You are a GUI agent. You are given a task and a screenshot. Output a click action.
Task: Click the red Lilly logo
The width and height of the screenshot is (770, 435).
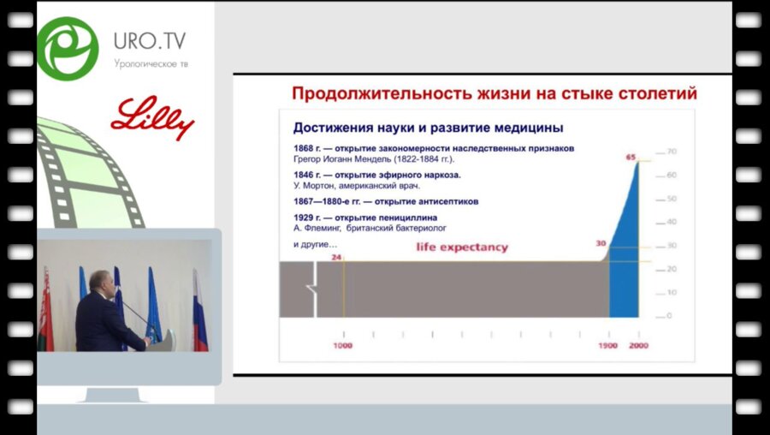(x=152, y=118)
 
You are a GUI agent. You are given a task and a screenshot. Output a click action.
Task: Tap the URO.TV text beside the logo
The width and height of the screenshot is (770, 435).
(x=149, y=42)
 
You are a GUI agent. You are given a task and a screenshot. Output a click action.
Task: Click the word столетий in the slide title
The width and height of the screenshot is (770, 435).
(x=652, y=93)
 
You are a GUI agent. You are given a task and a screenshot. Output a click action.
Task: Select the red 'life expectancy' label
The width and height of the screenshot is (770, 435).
(x=462, y=247)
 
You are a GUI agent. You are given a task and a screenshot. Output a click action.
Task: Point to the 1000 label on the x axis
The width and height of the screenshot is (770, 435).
(x=344, y=345)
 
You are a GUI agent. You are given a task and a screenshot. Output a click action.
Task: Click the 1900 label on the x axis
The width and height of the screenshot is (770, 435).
(x=609, y=345)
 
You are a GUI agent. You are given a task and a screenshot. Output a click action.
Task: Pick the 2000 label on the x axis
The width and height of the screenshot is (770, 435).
(x=638, y=345)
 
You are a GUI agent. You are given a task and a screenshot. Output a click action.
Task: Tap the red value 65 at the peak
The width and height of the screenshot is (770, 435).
(x=631, y=157)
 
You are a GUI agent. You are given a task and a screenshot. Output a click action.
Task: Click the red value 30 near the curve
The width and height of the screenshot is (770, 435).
(x=601, y=243)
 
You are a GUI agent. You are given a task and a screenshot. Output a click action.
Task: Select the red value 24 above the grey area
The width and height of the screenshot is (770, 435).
(x=336, y=255)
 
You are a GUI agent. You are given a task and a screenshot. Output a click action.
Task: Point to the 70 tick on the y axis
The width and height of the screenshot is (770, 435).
(x=672, y=152)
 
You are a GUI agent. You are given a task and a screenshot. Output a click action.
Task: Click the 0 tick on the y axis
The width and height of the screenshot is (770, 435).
(x=670, y=316)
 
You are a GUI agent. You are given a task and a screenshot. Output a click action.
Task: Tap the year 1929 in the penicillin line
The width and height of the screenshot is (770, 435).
(x=305, y=217)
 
